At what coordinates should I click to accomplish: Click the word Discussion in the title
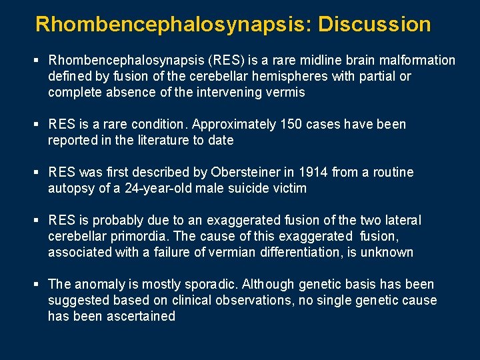tap(375, 25)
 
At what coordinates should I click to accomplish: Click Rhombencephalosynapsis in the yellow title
tap(174, 25)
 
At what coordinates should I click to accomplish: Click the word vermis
tap(286, 93)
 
